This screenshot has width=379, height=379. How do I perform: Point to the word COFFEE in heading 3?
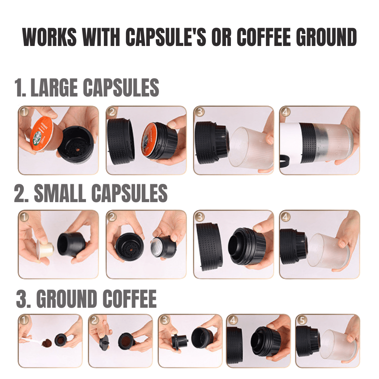130,299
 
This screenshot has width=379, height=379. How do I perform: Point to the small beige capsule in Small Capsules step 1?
45,249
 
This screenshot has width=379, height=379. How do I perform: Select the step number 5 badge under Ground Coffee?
301,320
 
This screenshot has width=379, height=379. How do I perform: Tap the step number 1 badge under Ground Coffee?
24,320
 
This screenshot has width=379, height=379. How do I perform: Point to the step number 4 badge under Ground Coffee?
232,320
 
